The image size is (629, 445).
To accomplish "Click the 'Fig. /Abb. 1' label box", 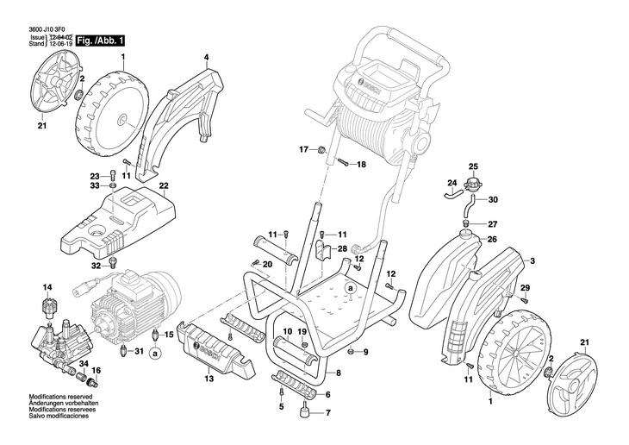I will pyautogui.click(x=101, y=41).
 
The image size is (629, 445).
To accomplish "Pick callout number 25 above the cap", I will pyautogui.click(x=472, y=166).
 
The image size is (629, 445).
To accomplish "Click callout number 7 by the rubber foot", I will pyautogui.click(x=327, y=412).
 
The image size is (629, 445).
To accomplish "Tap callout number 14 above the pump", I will pyautogui.click(x=47, y=286).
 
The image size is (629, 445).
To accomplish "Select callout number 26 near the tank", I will pyautogui.click(x=493, y=239).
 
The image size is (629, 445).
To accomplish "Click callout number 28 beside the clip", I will pyautogui.click(x=343, y=248).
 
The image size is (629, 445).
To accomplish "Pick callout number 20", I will pyautogui.click(x=268, y=263).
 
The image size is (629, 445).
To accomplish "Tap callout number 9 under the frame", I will pyautogui.click(x=364, y=352).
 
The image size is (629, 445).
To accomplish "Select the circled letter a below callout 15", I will pyautogui.click(x=154, y=353).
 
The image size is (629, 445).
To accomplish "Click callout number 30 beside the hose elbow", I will pyautogui.click(x=494, y=200).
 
